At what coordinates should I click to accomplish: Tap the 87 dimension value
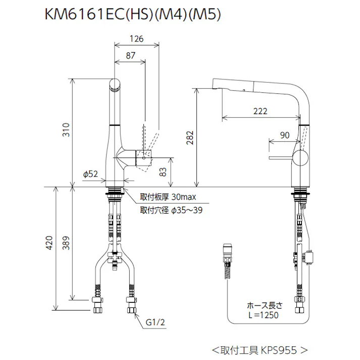pos(130,57)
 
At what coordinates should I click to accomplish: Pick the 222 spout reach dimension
pos(260,111)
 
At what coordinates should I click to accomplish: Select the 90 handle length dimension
pos(284,135)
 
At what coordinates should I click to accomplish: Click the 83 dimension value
pos(163,172)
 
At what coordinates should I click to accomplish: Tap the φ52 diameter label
pos(90,174)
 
